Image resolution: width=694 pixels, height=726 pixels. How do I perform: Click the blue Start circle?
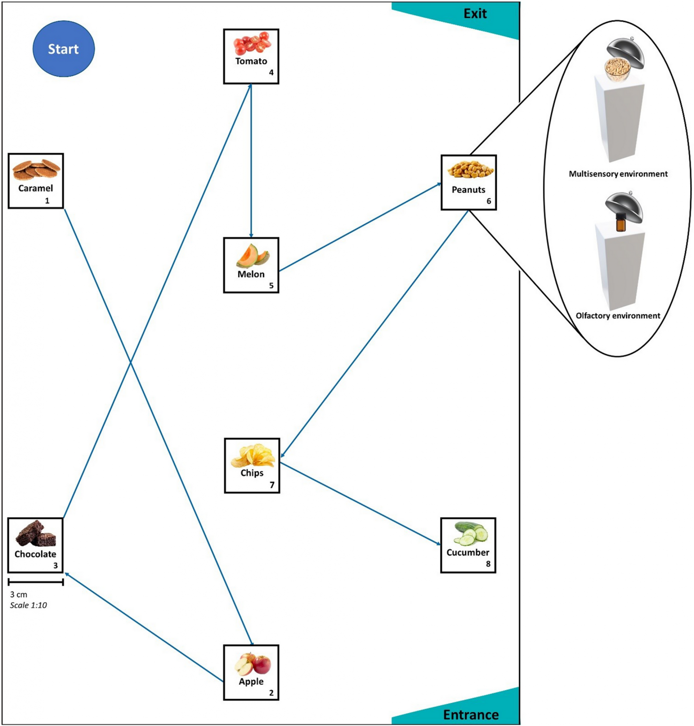tap(63, 49)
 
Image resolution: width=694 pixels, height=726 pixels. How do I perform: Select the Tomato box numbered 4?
tap(251, 56)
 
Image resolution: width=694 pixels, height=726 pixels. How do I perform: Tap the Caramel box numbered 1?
tap(36, 181)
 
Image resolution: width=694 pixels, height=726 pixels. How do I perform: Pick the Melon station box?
tap(251, 265)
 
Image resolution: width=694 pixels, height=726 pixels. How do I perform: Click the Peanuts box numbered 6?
tap(468, 182)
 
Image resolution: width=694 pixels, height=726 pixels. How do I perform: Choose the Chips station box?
tap(252, 466)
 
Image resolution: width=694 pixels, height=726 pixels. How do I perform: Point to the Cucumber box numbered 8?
tap(468, 545)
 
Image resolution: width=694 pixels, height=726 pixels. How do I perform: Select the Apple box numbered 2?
tap(251, 673)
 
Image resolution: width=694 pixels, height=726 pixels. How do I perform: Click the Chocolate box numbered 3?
tap(35, 545)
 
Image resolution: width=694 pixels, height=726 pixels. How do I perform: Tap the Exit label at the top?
tap(475, 14)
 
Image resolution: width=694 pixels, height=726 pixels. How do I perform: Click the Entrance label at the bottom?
tap(470, 715)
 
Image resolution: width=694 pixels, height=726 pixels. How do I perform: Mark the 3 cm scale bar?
tap(35, 582)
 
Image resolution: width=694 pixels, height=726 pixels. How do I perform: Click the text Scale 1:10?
tap(28, 605)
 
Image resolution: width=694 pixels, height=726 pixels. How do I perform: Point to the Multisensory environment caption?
tap(618, 174)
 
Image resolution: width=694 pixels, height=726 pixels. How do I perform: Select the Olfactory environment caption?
tap(617, 316)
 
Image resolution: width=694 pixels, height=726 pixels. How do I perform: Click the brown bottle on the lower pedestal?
tap(621, 223)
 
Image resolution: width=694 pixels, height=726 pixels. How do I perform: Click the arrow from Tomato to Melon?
tap(251, 161)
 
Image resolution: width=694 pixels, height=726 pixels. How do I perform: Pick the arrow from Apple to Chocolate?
tap(144, 627)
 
